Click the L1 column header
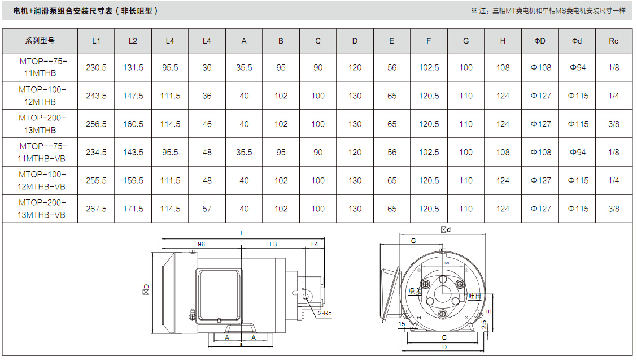[x=96, y=41]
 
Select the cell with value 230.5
[x=96, y=67]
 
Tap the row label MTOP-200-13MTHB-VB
[x=41, y=209]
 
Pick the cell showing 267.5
[x=96, y=209]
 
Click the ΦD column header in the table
[x=540, y=41]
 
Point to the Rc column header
[x=613, y=41]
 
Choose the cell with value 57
[x=207, y=209]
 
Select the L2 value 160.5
[x=133, y=124]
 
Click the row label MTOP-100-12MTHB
[x=41, y=96]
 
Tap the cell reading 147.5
[x=133, y=96]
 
